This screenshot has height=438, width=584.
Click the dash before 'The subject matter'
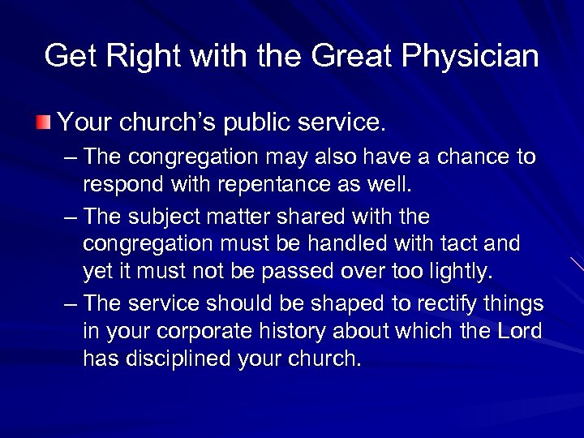[x=71, y=217]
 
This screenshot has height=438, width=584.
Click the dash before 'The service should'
[x=71, y=304]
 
